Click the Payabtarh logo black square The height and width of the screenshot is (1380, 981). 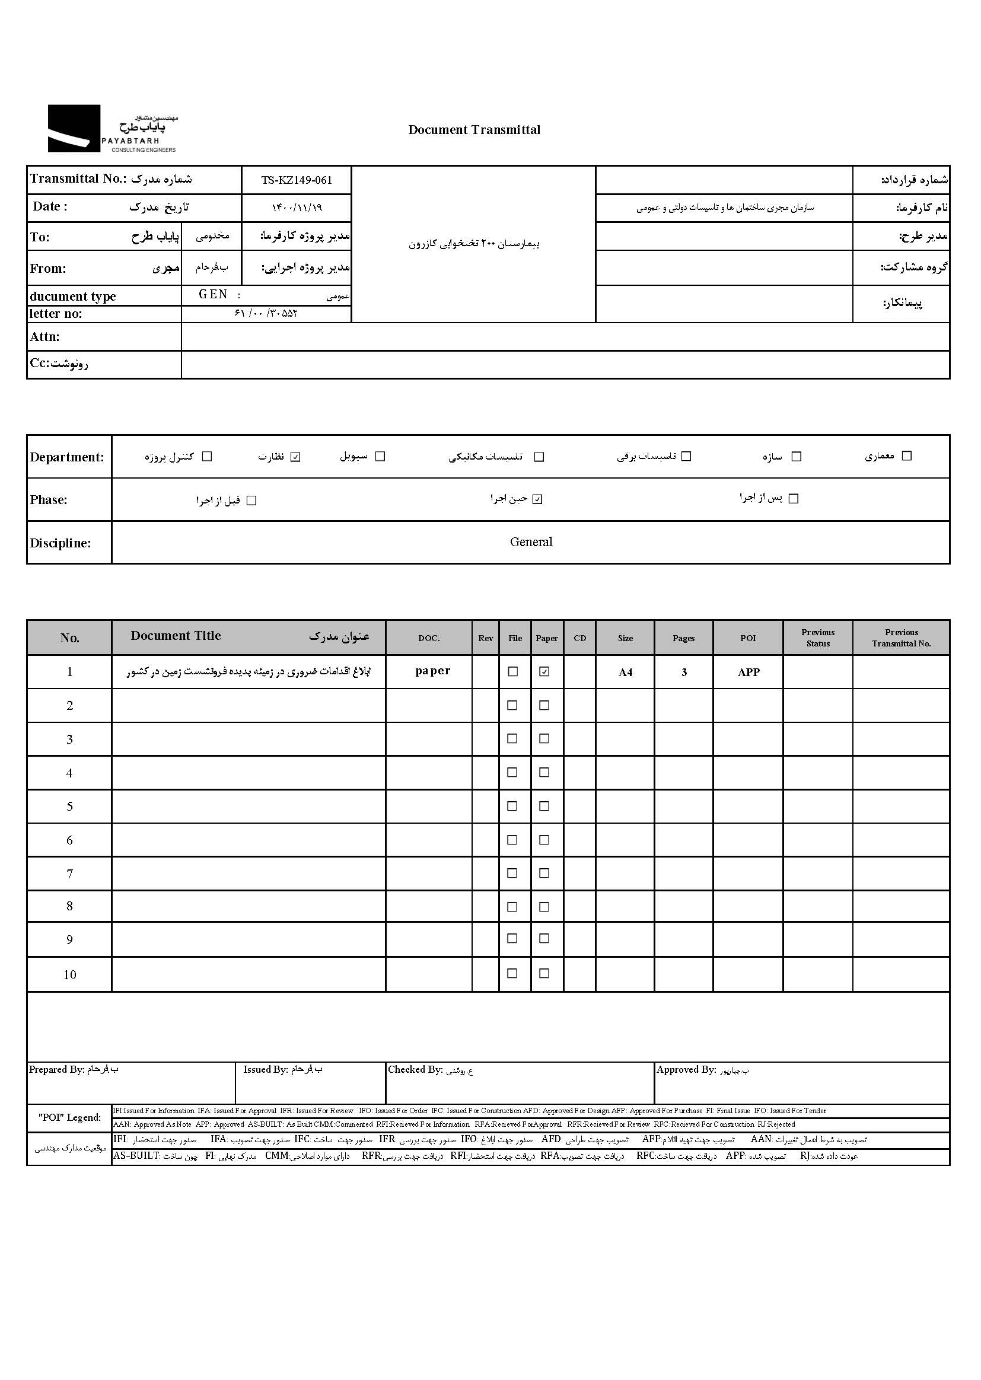tap(74, 128)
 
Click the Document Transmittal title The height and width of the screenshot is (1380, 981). tap(474, 130)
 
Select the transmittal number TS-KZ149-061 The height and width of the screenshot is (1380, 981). tap(296, 180)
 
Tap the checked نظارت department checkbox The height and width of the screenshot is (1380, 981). tap(295, 457)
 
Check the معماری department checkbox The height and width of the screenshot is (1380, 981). tap(906, 456)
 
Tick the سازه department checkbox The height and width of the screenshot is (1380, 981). tap(796, 457)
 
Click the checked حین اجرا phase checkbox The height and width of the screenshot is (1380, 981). tap(537, 499)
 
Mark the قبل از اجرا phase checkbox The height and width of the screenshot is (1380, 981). tap(252, 501)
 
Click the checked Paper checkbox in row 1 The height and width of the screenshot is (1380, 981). tap(544, 671)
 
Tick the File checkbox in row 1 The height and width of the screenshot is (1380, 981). tap(513, 671)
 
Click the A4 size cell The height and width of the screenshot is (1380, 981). tap(625, 672)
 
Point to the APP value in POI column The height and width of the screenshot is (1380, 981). tap(749, 672)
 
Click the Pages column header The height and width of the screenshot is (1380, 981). tap(684, 638)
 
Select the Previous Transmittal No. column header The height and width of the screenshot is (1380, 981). tap(902, 638)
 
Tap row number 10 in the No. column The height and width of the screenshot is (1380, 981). tap(69, 975)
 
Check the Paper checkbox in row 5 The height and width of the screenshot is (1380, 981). tap(544, 807)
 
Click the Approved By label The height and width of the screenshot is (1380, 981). tap(686, 1070)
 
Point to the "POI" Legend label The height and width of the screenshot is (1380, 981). tap(69, 1117)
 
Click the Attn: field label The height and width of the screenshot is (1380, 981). tap(44, 337)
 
